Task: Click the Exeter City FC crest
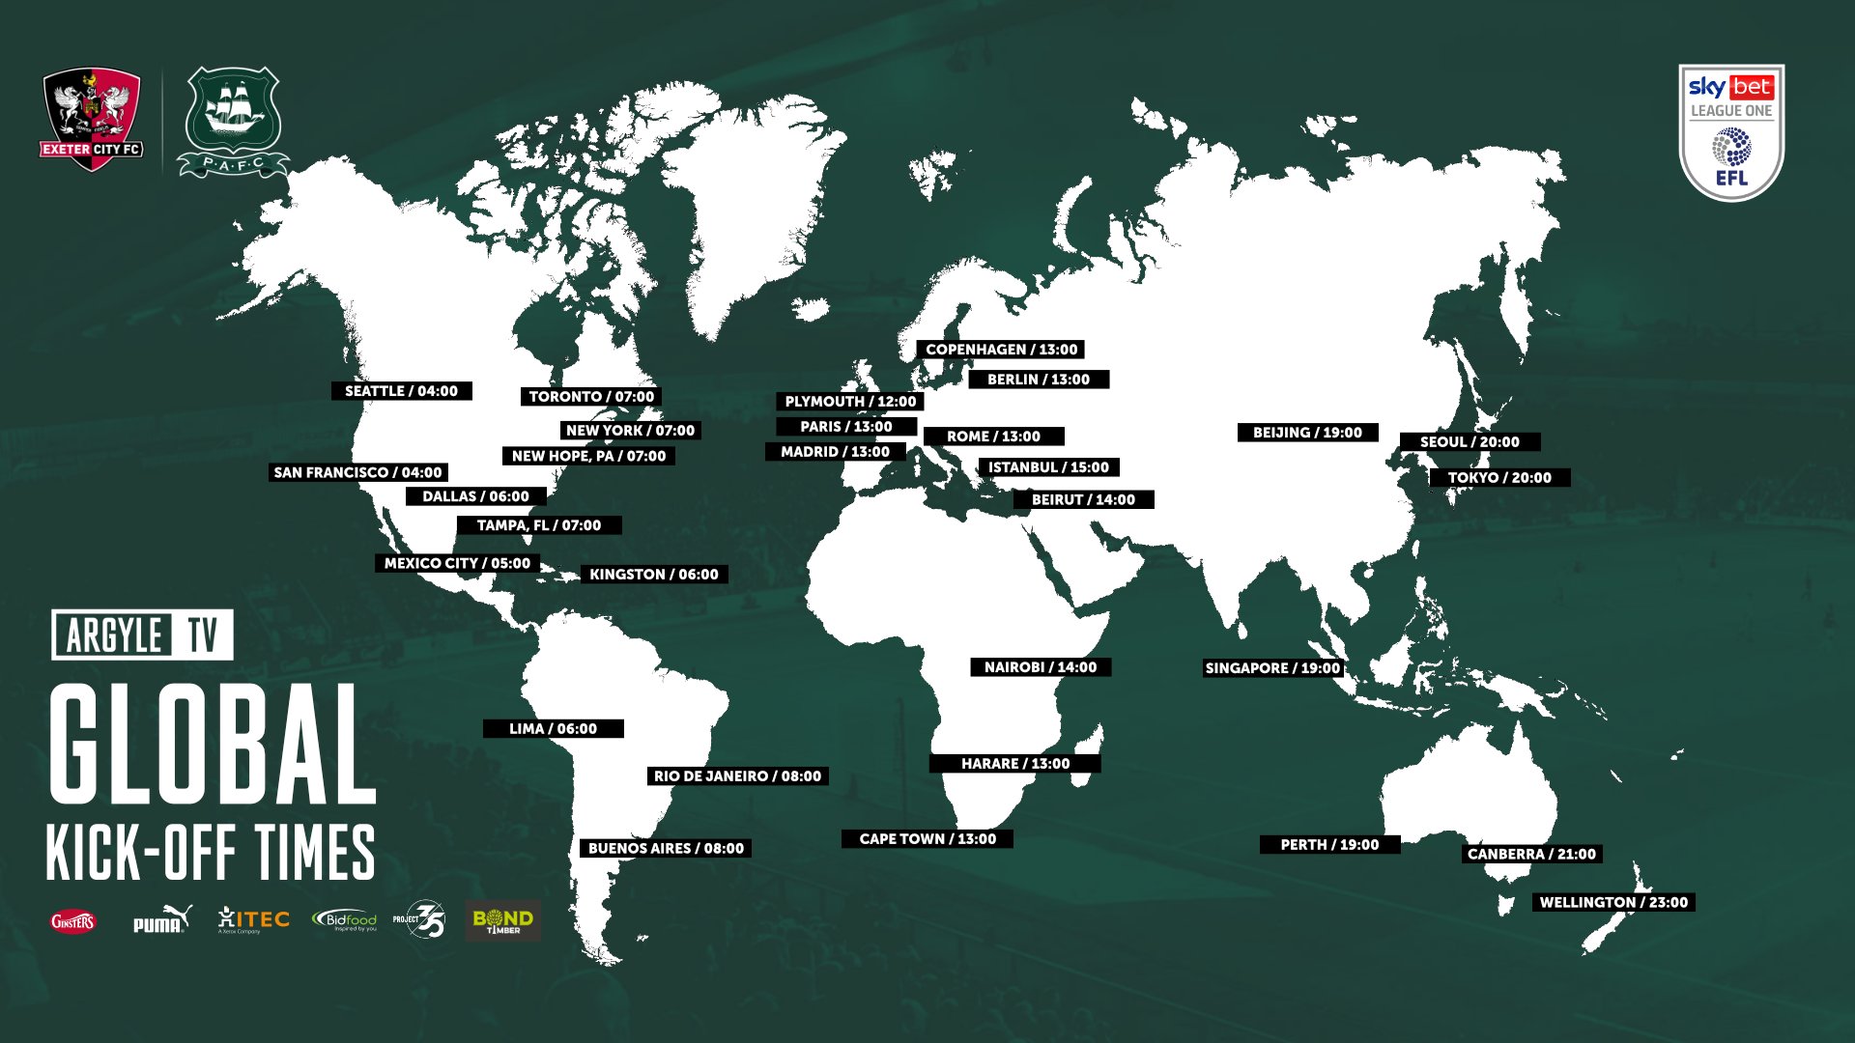point(92,118)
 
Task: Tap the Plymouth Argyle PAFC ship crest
point(233,122)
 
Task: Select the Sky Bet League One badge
point(1731,131)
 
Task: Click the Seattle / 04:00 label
point(401,391)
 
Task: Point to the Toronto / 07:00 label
point(591,397)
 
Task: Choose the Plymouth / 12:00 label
point(850,402)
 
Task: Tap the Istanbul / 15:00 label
point(1048,467)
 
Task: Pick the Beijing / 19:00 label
point(1307,433)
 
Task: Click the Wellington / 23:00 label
point(1613,903)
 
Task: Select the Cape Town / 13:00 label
point(927,839)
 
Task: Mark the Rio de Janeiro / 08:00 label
point(737,776)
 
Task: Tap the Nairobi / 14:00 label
point(1041,667)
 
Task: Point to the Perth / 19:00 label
point(1329,845)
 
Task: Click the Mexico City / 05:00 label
point(457,563)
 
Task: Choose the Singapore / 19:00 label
point(1272,668)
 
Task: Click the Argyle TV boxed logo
point(143,635)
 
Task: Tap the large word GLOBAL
point(213,746)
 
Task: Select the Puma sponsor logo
point(161,920)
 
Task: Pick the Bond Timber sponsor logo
point(502,920)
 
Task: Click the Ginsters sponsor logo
point(73,921)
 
